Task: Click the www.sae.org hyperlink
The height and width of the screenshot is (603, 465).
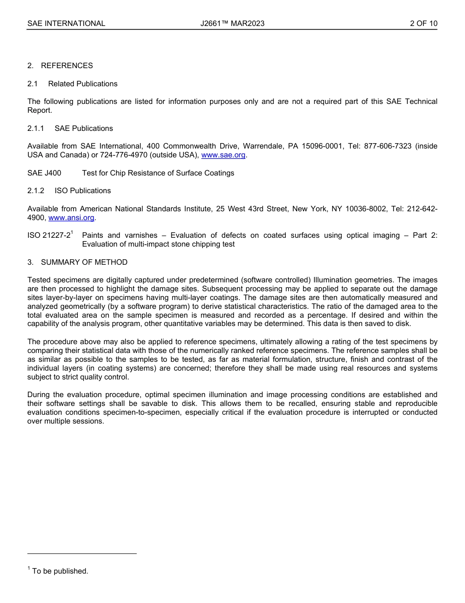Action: pos(223,155)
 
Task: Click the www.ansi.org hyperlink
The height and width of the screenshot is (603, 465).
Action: pos(71,218)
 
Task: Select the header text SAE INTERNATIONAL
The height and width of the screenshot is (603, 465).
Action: pos(66,24)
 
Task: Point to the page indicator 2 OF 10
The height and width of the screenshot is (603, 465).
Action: pos(423,24)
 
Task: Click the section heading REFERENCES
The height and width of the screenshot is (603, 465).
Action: pos(67,66)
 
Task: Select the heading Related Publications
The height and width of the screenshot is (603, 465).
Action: pos(83,84)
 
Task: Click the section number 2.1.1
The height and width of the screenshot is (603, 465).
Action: pos(36,128)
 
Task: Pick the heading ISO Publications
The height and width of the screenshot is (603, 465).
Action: pos(83,191)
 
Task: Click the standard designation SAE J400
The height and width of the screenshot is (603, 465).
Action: pos(45,173)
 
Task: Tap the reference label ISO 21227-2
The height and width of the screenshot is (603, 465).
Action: pos(49,236)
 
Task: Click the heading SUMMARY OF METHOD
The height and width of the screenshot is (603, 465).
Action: pos(84,262)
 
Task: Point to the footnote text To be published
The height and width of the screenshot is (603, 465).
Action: pos(60,571)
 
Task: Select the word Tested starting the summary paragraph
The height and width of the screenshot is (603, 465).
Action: pos(40,280)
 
